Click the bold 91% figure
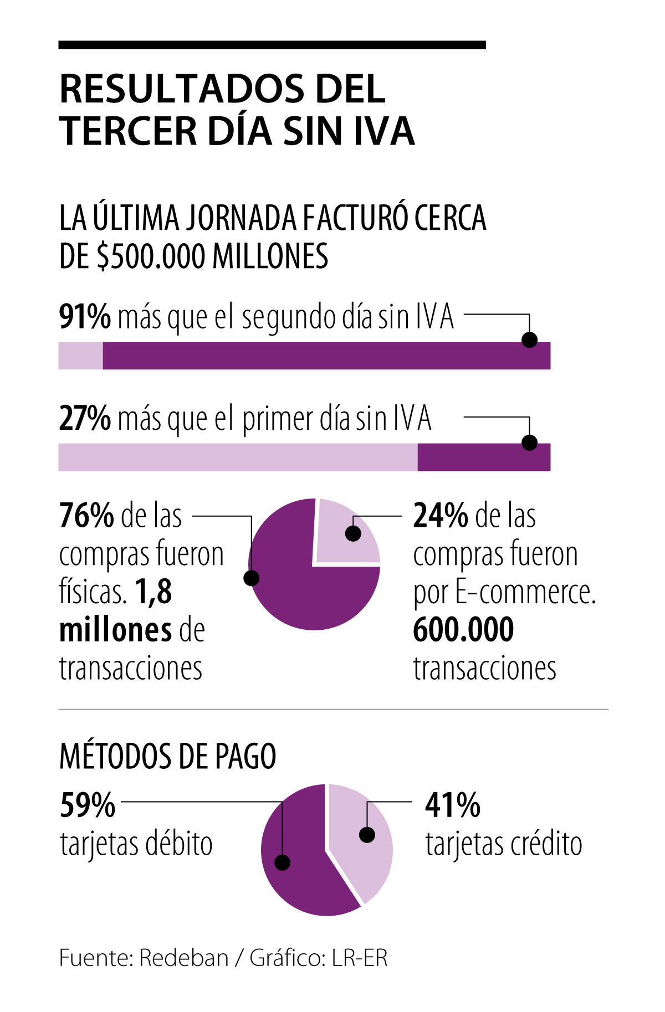(85, 317)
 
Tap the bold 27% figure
(85, 419)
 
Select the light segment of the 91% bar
(80, 356)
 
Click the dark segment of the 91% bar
(310, 356)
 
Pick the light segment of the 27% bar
(238, 457)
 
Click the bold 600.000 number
(463, 630)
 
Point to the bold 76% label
(86, 516)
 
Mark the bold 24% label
(441, 516)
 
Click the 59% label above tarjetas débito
(88, 805)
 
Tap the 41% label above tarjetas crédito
(453, 805)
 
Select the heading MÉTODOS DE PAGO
(167, 757)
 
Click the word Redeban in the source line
(183, 958)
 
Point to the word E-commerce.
(525, 592)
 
